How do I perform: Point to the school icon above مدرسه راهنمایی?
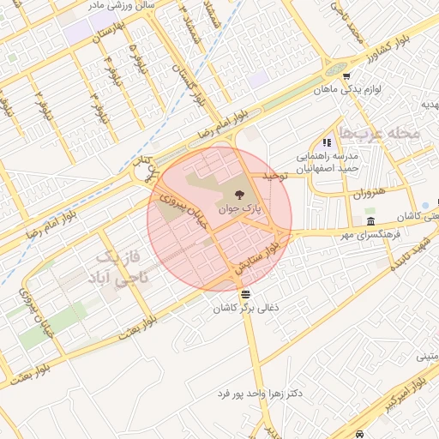[326, 142]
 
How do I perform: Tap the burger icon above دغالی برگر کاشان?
[246, 294]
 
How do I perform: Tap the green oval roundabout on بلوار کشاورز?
[335, 69]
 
